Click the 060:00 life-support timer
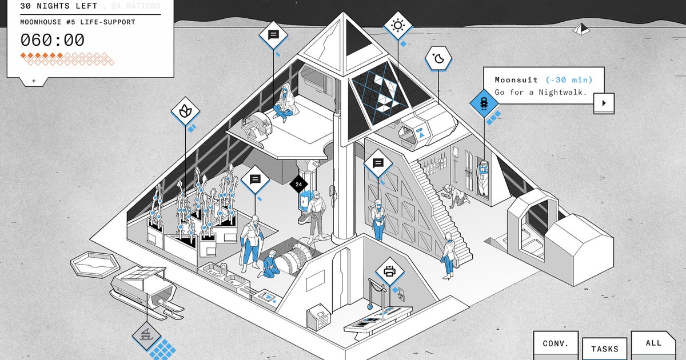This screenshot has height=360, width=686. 53,40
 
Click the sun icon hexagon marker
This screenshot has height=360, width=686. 397,26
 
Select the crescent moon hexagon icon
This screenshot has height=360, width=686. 438,58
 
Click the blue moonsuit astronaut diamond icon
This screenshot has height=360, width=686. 484,103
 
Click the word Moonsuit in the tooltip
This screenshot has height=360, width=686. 516,80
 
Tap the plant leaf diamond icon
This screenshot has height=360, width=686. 185,112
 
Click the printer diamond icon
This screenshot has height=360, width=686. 390,272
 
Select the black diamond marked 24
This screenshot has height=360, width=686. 298,185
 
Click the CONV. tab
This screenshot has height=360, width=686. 555,344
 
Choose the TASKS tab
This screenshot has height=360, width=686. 604,349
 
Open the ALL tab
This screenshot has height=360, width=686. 653,343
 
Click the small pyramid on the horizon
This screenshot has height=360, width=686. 581,29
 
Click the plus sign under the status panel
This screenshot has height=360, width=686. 34,81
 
